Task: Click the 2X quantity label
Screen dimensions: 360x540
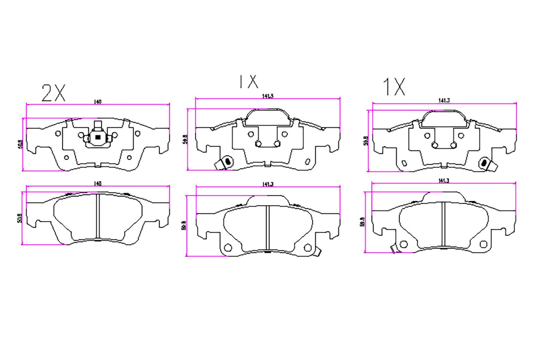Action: click(x=53, y=93)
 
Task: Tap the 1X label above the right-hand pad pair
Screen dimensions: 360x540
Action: click(x=394, y=87)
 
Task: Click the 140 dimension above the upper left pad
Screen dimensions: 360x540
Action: click(x=98, y=102)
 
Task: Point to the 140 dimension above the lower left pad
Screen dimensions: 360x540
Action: click(x=98, y=184)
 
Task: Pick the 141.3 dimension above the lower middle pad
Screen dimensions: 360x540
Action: click(x=268, y=184)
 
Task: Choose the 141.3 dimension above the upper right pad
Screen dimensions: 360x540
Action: click(x=444, y=101)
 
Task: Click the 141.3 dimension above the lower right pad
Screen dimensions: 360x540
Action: click(x=444, y=181)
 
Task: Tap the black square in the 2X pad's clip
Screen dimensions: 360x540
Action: click(x=98, y=137)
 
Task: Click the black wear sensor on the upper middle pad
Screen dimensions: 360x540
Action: click(x=226, y=161)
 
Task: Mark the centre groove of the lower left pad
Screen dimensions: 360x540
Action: click(x=98, y=216)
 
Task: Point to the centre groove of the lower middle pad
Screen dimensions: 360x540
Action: click(x=268, y=228)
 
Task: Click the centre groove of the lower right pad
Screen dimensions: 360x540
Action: click(x=444, y=224)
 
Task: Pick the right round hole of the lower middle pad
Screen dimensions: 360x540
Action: click(x=307, y=247)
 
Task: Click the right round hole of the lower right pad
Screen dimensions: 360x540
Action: click(x=483, y=244)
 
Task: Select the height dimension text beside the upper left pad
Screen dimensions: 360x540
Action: click(x=20, y=144)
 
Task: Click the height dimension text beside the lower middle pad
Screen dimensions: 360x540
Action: click(x=184, y=225)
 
